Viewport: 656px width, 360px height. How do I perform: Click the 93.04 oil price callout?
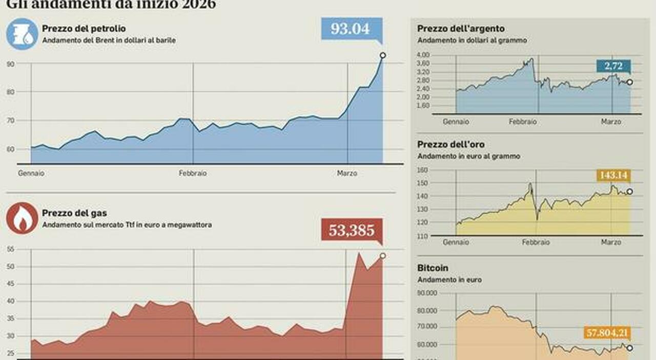click(352, 29)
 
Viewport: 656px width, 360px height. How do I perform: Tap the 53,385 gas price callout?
click(352, 230)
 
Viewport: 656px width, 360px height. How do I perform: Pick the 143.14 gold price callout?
click(613, 176)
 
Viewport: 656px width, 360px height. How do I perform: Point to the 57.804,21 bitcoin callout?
click(607, 333)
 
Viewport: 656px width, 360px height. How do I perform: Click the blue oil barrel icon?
click(22, 33)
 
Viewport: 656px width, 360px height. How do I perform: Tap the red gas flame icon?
click(22, 218)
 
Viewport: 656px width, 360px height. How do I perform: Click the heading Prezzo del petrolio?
click(84, 29)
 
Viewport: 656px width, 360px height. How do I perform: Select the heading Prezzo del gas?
click(75, 213)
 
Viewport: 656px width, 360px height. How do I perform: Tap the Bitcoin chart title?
click(433, 268)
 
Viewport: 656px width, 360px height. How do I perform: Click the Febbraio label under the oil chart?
click(193, 173)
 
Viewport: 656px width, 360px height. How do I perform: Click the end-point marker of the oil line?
click(382, 55)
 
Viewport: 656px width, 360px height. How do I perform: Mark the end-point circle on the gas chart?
click(382, 256)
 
